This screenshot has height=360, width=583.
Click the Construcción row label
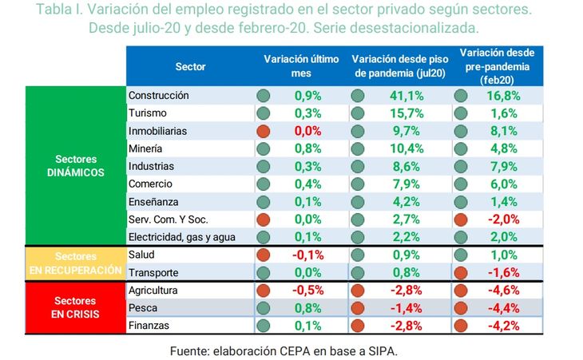point(158,95)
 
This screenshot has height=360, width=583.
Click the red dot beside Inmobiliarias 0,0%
point(263,130)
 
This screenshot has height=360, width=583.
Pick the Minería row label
point(145,148)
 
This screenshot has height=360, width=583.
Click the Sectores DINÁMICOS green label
point(75,165)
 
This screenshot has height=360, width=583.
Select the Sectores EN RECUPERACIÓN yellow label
point(75,263)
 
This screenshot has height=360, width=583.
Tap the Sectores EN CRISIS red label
point(75,307)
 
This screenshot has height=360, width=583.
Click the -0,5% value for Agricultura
point(307,290)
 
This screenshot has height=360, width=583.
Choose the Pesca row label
point(142,307)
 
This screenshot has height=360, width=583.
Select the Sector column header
point(190,66)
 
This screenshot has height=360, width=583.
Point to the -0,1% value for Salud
point(307,255)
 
